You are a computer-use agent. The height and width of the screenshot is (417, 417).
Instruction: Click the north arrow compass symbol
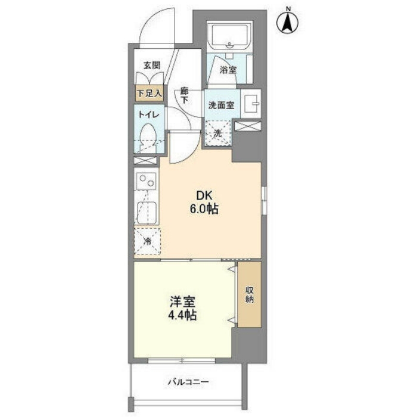pos(288,23)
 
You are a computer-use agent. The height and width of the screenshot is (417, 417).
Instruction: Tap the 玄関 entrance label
pos(152,65)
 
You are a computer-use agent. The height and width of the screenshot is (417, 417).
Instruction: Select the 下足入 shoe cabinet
pos(149,93)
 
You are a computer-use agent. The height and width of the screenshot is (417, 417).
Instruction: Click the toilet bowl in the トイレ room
pos(148,137)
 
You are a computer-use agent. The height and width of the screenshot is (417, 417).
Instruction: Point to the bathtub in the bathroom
pos(229,36)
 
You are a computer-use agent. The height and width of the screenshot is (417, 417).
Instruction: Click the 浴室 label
pos(228,70)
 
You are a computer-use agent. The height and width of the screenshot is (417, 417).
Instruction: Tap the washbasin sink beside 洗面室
pos(251,104)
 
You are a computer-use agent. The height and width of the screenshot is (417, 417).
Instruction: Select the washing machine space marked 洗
pos(218,133)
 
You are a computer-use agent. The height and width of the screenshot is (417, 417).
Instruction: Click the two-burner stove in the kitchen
pos(147,181)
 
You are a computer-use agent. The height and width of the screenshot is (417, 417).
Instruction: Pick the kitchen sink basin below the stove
pos(147,213)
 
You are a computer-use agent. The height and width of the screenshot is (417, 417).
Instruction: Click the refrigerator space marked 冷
pos(148,241)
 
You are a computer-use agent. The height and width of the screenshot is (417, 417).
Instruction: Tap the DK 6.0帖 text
pos(204,203)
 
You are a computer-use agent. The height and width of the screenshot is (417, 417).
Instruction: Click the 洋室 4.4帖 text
pos(182,309)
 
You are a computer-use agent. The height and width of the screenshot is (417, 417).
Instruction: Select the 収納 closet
pos(249,294)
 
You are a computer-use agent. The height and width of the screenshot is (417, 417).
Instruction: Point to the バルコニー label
pos(188,382)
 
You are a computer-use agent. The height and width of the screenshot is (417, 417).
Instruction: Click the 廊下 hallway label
pos(184,96)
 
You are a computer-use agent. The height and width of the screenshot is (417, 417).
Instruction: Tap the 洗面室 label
pos(221,105)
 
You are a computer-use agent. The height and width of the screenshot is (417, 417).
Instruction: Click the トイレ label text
pos(149,115)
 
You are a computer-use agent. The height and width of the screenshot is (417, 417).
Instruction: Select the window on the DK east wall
pos(264,200)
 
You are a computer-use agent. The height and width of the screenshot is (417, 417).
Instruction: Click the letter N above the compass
pos(288,9)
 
